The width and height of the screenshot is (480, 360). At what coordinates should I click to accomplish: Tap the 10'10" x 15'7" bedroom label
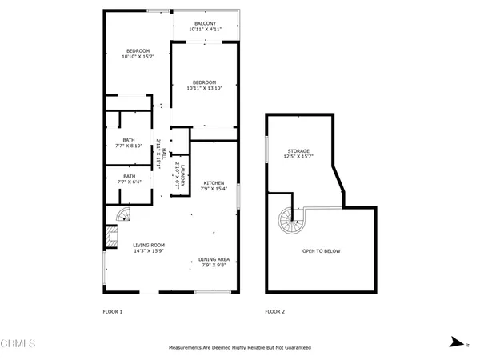coord(137,54)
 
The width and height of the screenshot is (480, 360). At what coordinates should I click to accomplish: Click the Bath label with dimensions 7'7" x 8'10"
coord(129,143)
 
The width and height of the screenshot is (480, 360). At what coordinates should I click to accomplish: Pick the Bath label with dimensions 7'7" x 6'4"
coord(129,178)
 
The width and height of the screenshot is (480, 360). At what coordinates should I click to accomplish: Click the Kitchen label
coord(215,185)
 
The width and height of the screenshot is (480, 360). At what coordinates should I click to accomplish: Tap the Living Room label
coord(148,248)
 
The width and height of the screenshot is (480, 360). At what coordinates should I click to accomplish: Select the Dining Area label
coord(214,262)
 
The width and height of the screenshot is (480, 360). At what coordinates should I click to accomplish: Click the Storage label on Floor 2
coord(299,154)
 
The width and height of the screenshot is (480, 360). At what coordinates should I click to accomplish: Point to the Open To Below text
coord(321,251)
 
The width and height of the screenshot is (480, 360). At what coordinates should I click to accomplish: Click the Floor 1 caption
coord(112,310)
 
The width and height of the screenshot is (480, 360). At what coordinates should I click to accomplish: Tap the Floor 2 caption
coord(274,310)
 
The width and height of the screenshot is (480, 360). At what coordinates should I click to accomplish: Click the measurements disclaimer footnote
coord(239,348)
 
